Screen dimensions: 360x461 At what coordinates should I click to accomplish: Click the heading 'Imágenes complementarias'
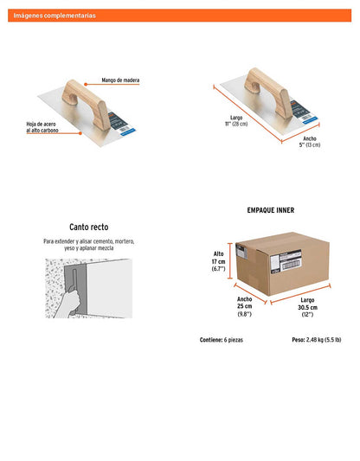[x=55, y=16]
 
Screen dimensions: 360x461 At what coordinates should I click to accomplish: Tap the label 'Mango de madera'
[x=120, y=80]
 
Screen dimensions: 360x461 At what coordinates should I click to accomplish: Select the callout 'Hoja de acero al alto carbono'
[x=42, y=127]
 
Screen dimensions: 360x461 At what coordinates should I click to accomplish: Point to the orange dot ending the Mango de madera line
[x=86, y=85]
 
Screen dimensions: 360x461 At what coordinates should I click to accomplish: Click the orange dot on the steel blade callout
[x=80, y=133]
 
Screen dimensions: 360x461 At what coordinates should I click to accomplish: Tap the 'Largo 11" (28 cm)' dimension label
[x=236, y=121]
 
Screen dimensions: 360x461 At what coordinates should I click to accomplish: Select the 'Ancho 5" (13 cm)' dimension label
[x=310, y=142]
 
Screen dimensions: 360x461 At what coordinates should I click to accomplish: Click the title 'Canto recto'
[x=89, y=227]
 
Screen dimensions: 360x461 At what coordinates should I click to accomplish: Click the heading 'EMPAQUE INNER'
[x=271, y=210]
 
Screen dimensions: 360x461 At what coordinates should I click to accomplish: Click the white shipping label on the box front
[x=286, y=261]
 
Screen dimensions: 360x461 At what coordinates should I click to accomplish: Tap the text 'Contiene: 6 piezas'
[x=222, y=340]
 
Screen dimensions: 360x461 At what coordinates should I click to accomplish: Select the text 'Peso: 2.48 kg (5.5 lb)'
[x=317, y=340]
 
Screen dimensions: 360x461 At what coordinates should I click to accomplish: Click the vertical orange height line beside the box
[x=230, y=261]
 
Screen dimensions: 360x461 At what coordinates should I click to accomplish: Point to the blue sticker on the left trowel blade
[x=128, y=131]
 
